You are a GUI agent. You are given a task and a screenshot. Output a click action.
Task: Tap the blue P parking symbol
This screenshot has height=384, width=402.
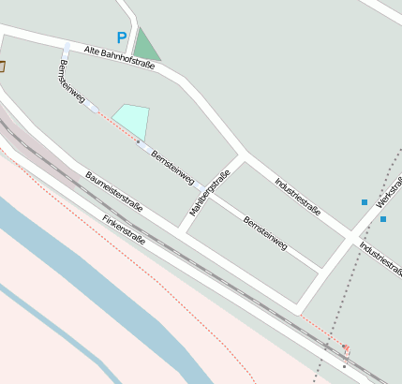[121, 37]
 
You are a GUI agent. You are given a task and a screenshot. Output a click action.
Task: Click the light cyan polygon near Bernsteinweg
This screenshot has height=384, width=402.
[131, 119]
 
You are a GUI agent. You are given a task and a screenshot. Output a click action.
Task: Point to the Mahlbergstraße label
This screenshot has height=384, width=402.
[210, 194]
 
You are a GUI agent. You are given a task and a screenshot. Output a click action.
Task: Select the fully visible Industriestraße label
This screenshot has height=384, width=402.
[297, 196]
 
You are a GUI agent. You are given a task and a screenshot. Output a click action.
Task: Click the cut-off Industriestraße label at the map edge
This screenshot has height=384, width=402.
[380, 261]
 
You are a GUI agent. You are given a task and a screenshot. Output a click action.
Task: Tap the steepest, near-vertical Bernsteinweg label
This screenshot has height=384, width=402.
[71, 81]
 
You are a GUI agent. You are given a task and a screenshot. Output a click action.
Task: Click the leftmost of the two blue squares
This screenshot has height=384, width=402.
[365, 202]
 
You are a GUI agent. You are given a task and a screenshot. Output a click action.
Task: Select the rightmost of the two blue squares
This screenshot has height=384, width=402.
[383, 219]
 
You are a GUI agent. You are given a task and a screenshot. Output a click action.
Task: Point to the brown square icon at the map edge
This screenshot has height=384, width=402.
[2, 66]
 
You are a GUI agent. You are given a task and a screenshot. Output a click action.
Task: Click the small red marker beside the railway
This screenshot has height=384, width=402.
[346, 348]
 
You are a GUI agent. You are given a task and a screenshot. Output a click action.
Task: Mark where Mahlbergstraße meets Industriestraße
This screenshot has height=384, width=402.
[245, 155]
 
